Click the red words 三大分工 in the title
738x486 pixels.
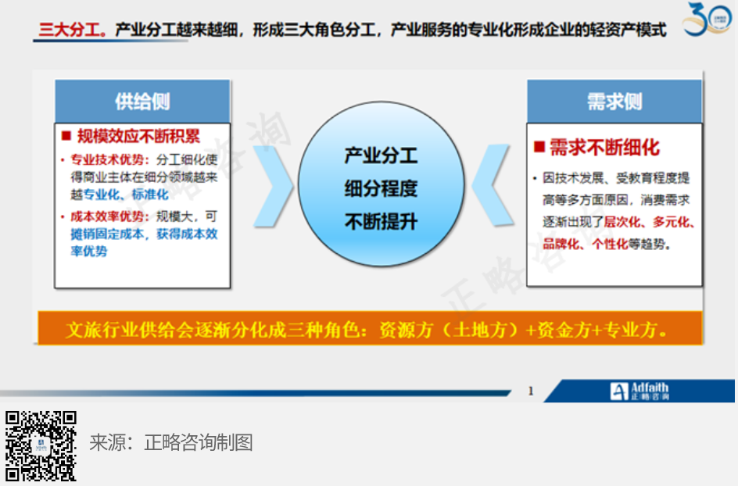(x=70, y=30)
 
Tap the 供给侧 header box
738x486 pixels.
(x=142, y=101)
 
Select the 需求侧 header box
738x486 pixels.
(x=614, y=101)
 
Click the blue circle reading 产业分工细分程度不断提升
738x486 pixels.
(x=382, y=184)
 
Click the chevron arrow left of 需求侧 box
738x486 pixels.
(x=492, y=185)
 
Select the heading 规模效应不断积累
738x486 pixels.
(x=139, y=136)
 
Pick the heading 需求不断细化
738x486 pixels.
(x=605, y=147)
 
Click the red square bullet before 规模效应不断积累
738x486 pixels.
(x=66, y=136)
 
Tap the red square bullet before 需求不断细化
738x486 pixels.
(x=539, y=147)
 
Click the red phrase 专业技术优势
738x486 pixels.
(x=107, y=159)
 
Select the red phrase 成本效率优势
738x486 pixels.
(x=107, y=216)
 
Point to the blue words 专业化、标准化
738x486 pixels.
(x=126, y=195)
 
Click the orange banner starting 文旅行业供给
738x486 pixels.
(x=370, y=328)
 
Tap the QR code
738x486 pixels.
(x=41, y=446)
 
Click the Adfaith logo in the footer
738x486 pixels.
(x=639, y=391)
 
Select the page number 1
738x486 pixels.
(x=531, y=391)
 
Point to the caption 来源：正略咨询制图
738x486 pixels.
(x=171, y=442)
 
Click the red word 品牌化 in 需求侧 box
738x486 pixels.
(x=561, y=245)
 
